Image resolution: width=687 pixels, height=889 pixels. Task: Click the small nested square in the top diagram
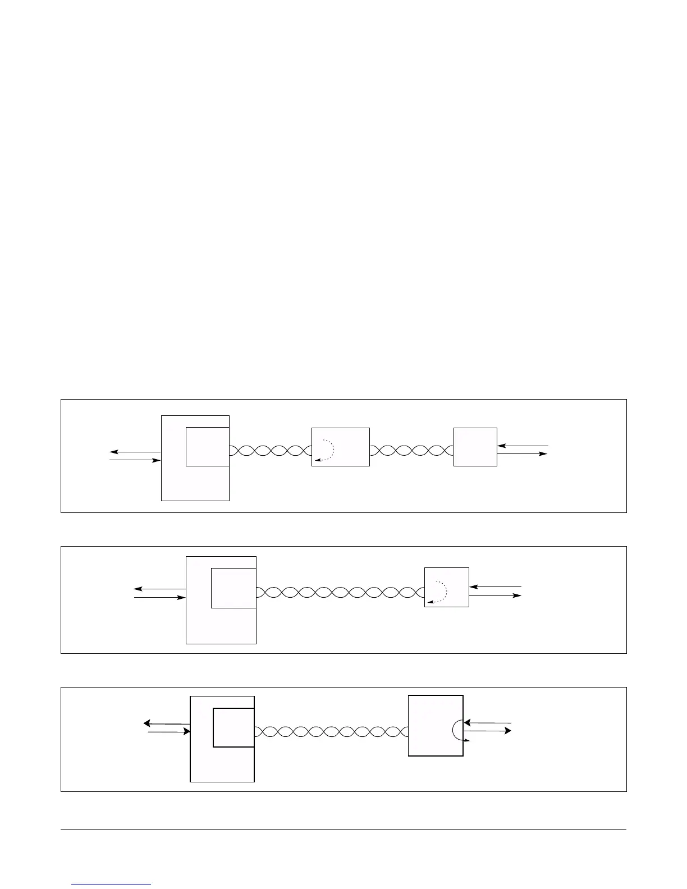pyautogui.click(x=207, y=446)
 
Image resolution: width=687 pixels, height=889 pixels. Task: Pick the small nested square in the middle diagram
pyautogui.click(x=233, y=588)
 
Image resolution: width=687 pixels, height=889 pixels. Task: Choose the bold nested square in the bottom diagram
pyautogui.click(x=233, y=727)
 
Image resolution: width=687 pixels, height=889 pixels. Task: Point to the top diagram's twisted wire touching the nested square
pyautogui.click(x=270, y=450)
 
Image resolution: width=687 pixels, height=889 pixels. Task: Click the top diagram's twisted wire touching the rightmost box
pyautogui.click(x=411, y=450)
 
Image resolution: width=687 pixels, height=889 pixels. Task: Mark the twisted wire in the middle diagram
pyautogui.click(x=340, y=592)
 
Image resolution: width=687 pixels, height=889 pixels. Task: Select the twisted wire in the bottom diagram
pyautogui.click(x=331, y=731)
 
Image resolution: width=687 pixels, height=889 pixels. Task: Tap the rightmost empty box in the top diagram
pyautogui.click(x=475, y=447)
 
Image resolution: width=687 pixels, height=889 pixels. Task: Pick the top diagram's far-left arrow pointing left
pyautogui.click(x=135, y=452)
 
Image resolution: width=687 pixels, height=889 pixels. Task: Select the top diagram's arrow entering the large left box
pyautogui.click(x=135, y=460)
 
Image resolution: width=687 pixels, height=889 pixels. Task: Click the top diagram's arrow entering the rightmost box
pyautogui.click(x=523, y=446)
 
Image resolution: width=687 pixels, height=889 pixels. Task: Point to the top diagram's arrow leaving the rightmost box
pyautogui.click(x=523, y=453)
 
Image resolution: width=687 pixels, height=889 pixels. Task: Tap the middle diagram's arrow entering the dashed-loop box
pyautogui.click(x=495, y=586)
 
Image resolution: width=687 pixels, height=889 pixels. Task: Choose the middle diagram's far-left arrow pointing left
pyautogui.click(x=160, y=589)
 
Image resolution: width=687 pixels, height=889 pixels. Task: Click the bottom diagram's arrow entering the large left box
pyautogui.click(x=169, y=732)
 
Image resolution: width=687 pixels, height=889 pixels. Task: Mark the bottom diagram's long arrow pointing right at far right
pyautogui.click(x=488, y=731)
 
